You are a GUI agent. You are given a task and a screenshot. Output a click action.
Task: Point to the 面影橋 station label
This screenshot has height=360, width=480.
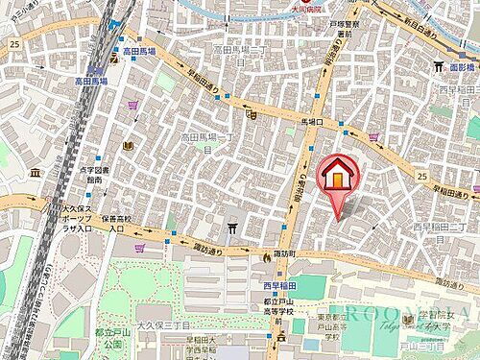tap(460, 67)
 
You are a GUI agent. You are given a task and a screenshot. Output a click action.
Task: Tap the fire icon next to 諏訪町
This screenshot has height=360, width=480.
tap(267, 256)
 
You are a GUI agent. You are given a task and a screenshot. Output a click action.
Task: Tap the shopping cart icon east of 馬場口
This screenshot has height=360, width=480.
tap(373, 135)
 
